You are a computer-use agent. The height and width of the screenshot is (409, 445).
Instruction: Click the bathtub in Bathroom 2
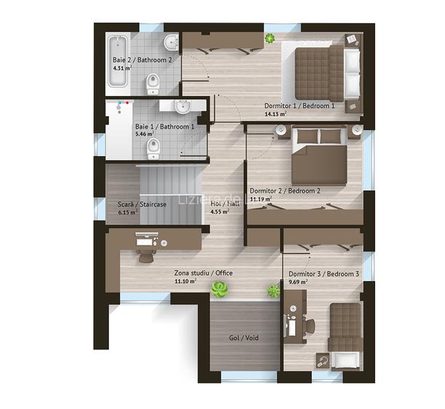(118, 61)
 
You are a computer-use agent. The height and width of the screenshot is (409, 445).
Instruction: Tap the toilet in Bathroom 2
(153, 84)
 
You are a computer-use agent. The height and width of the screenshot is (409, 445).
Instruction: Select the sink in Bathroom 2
(171, 43)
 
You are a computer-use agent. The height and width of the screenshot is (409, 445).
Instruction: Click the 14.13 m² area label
(276, 114)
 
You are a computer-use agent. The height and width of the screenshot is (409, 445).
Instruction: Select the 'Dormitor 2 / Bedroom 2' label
(285, 191)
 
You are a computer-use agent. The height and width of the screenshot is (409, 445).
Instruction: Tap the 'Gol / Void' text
(244, 338)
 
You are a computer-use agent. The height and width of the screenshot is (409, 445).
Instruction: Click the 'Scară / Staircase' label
(142, 204)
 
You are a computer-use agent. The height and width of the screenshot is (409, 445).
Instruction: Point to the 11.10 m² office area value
(185, 281)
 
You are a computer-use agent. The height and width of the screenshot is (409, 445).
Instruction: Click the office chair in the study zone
(146, 256)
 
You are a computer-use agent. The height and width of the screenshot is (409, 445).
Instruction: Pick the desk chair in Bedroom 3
(310, 326)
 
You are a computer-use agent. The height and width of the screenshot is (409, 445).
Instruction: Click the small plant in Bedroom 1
(269, 38)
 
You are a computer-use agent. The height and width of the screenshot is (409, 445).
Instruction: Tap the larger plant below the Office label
(219, 290)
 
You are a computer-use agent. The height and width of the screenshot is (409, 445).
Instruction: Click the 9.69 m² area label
(298, 282)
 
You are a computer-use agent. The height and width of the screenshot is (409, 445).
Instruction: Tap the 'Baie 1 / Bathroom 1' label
(164, 126)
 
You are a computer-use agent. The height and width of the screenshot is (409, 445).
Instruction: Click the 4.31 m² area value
(122, 68)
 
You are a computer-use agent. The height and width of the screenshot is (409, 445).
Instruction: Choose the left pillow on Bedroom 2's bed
(308, 136)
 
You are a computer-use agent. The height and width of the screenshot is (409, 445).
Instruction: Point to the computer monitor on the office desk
(147, 234)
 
